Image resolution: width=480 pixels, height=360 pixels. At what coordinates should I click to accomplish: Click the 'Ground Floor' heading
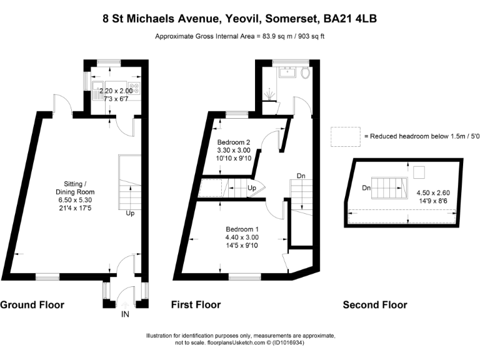coord(32,305)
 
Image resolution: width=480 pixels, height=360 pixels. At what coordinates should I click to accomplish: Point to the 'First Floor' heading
coord(196,305)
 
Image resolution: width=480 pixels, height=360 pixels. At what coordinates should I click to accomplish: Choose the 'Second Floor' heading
coord(375,305)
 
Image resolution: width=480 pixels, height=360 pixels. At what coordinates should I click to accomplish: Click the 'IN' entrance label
coord(126,314)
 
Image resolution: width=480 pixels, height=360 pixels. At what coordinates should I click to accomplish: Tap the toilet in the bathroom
coord(304,73)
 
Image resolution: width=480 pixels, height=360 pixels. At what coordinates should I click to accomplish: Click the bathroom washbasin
coord(288,72)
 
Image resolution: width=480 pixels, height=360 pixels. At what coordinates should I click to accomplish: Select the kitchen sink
coord(98,87)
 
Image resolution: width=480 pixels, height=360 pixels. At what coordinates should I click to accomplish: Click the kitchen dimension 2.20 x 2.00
coord(116,91)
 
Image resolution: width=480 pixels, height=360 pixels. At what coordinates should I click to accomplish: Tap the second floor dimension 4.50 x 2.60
coord(432,193)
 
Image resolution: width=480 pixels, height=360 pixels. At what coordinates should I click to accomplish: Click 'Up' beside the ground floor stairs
coord(131,213)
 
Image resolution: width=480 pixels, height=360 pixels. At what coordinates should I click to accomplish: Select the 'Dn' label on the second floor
coord(366,187)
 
